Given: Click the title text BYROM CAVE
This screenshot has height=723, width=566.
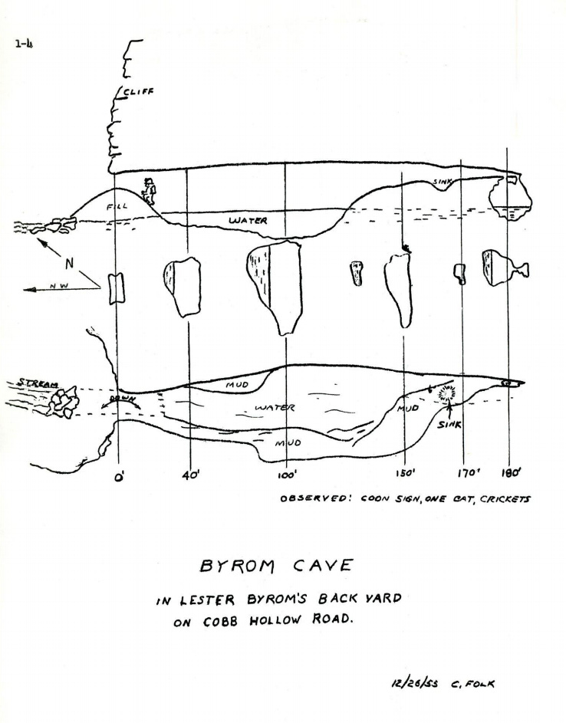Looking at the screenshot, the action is (275, 566).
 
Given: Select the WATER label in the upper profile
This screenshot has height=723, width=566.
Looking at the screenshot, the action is (248, 221).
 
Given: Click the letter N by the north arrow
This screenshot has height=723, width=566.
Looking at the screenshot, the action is (69, 263).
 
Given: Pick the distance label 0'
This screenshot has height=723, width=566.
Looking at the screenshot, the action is (119, 484).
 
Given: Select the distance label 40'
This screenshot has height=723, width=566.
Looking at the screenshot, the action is (189, 475).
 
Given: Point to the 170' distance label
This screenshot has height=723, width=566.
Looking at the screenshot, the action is (467, 474).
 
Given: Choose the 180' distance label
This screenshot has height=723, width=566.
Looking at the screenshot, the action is (510, 473).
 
